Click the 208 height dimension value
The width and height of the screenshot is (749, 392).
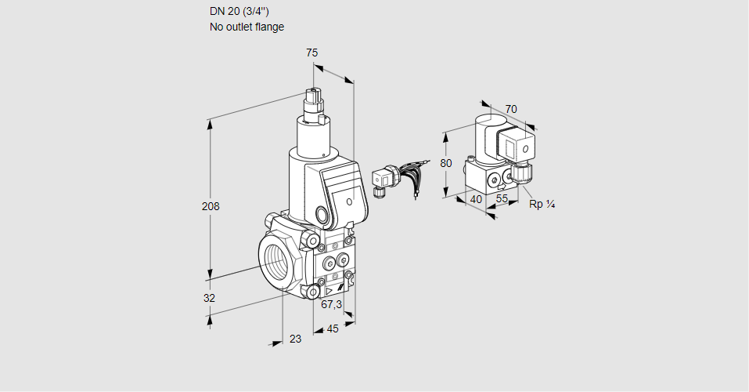[211, 206]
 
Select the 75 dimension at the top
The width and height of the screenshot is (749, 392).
[312, 53]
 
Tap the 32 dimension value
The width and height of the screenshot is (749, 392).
[209, 298]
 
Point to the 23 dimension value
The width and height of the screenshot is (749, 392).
[296, 339]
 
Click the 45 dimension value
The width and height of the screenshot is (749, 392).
[333, 328]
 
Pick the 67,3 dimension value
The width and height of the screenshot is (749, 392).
[332, 304]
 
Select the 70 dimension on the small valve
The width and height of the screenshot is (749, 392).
[511, 109]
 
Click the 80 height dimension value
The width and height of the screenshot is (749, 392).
[445, 163]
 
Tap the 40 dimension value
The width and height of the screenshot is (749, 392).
[477, 199]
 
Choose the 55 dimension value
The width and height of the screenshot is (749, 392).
[502, 198]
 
